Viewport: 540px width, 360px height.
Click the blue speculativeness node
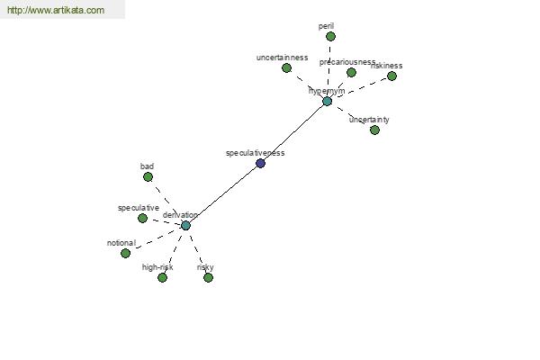[x=260, y=163]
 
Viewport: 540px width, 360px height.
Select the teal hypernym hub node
[x=327, y=101]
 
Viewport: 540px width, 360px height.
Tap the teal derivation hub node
[x=185, y=225]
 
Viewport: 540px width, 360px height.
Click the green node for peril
[x=330, y=36]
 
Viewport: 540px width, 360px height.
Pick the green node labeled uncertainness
[x=286, y=67]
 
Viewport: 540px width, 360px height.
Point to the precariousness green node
[x=351, y=72]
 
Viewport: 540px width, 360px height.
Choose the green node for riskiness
[x=391, y=76]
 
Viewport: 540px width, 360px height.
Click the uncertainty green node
[x=374, y=130]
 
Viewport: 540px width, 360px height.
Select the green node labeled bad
[x=148, y=176]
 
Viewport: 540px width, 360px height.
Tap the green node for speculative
[x=142, y=218]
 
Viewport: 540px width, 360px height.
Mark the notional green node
[x=125, y=253]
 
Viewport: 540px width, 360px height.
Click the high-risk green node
[x=162, y=277]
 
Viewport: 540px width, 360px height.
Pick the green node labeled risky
[x=208, y=277]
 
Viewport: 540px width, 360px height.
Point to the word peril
[x=326, y=26]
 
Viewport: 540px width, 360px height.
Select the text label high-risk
[x=157, y=267]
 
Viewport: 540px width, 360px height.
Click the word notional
[x=121, y=243]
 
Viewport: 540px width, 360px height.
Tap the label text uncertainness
[x=282, y=58]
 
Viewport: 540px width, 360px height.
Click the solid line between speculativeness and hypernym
[x=293, y=132]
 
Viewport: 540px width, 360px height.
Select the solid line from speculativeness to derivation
[x=223, y=193]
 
